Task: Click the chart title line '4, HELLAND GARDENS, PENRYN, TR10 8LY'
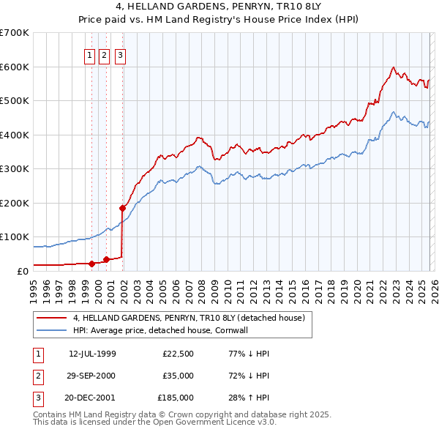pyautogui.click(x=219, y=7)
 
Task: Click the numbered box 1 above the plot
pyautogui.click(x=89, y=53)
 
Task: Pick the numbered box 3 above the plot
pyautogui.click(x=119, y=53)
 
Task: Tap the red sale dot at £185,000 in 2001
pyautogui.click(x=122, y=208)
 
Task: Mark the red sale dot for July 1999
pyautogui.click(x=91, y=264)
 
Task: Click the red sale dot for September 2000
pyautogui.click(x=106, y=259)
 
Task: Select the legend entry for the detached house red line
pyautogui.click(x=193, y=318)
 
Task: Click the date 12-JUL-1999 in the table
pyautogui.click(x=92, y=354)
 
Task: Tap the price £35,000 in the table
pyautogui.click(x=179, y=376)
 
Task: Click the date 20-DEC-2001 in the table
pyautogui.click(x=92, y=398)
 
